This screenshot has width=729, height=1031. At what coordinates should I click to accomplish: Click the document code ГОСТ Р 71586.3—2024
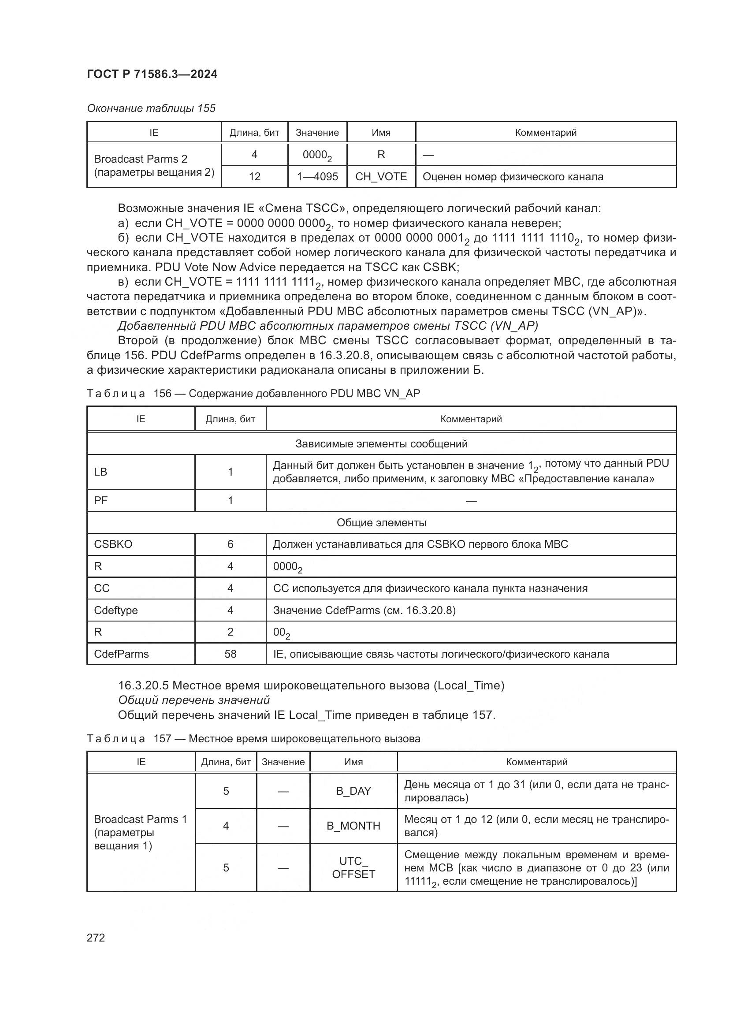152,74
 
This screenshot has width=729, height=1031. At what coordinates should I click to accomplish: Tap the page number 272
96,938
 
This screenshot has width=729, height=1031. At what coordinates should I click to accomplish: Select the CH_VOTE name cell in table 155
381,176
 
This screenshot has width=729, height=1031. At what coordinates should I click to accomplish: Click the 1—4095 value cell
317,176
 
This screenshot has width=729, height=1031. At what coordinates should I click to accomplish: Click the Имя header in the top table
381,133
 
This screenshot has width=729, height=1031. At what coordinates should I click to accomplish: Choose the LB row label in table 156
100,472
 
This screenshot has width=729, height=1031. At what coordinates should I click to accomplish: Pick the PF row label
100,501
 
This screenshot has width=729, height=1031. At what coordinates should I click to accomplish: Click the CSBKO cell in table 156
113,544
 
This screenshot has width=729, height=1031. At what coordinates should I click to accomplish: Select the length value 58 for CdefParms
230,654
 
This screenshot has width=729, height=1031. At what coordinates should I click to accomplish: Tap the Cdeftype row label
116,610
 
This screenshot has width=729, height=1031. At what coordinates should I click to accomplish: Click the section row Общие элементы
381,523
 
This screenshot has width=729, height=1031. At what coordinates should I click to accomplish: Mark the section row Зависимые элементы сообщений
381,444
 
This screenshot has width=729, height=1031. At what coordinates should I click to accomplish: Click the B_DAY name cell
353,791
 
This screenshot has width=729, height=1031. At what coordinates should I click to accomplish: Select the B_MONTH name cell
353,826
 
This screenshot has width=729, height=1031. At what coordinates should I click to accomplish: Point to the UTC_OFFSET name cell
353,867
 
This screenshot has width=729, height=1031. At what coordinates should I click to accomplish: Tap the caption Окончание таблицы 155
151,108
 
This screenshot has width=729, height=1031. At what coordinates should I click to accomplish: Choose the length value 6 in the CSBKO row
230,544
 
